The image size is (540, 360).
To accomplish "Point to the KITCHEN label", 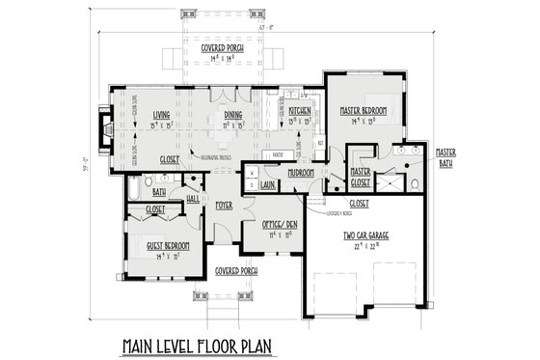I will [x=299, y=111].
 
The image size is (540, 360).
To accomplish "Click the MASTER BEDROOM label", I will [x=364, y=111].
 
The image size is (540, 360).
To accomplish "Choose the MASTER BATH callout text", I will [x=445, y=157].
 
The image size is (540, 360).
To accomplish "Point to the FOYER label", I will [x=225, y=206].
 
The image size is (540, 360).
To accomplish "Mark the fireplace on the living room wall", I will [x=105, y=126].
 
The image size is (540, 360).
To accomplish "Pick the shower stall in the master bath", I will [x=391, y=180].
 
